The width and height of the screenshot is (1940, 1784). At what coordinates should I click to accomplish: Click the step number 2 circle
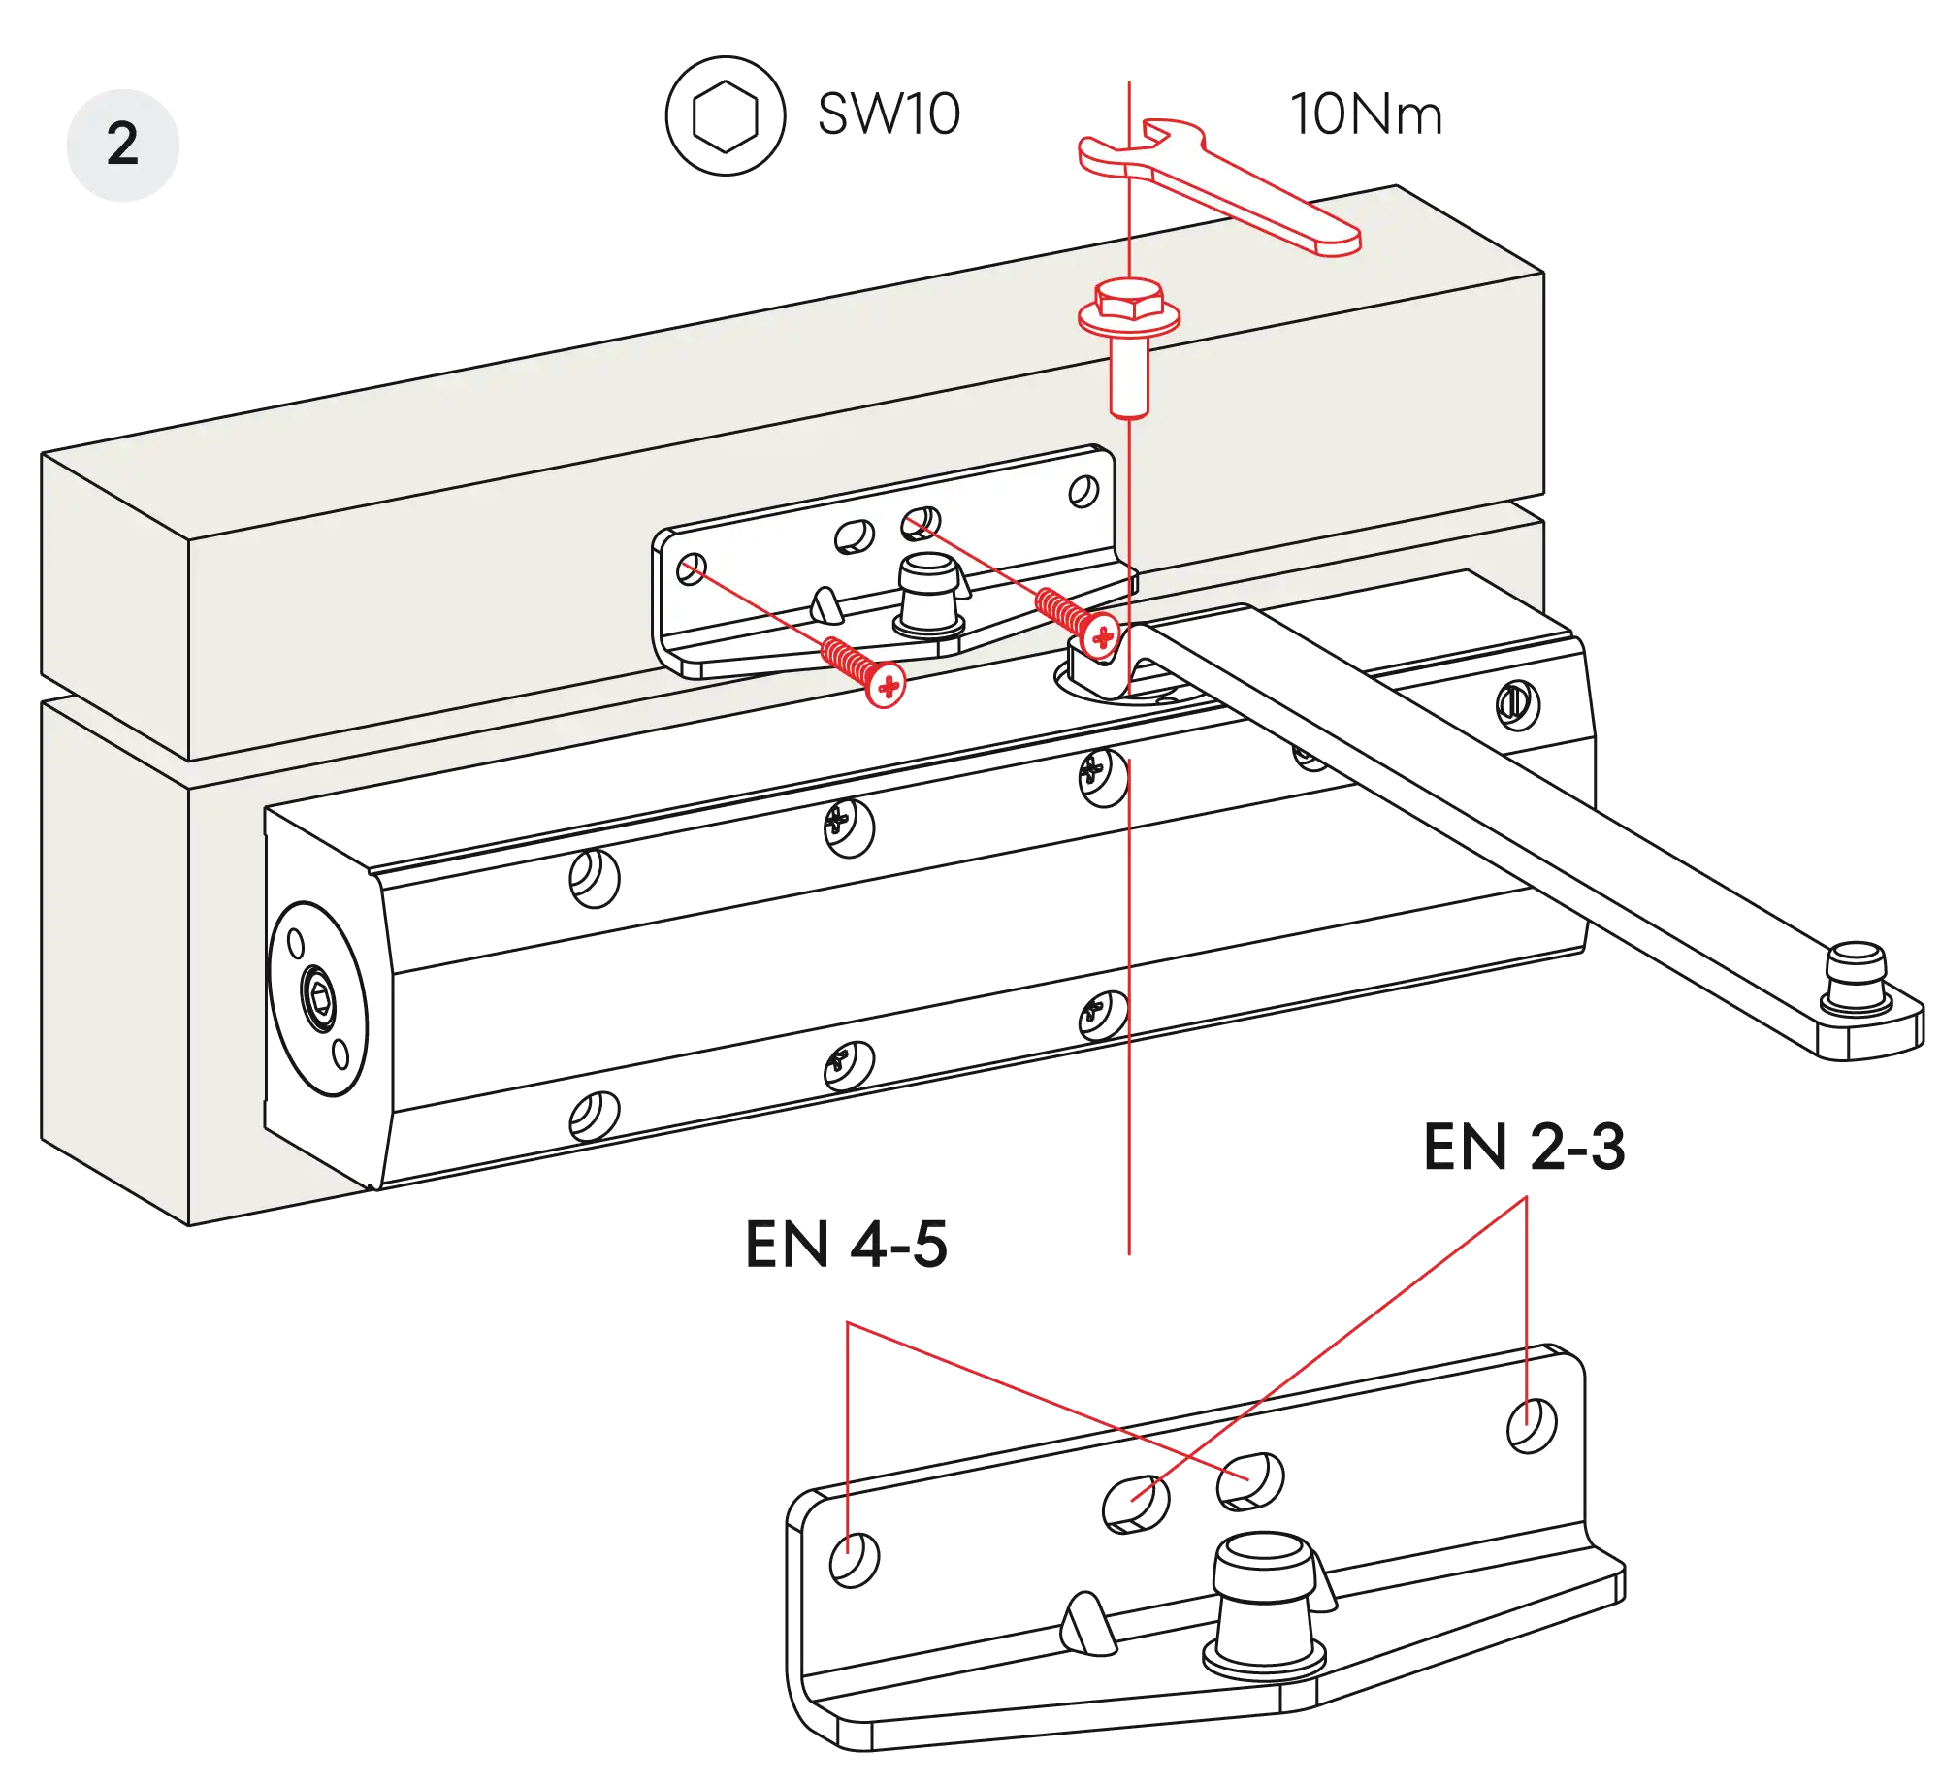[122, 145]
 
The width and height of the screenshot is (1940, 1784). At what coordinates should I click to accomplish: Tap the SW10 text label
[888, 114]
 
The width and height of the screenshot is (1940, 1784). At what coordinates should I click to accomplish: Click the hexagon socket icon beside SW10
[724, 115]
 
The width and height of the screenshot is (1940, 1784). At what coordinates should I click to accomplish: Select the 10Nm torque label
[1364, 115]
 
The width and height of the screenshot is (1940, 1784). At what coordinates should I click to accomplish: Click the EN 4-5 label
[844, 1246]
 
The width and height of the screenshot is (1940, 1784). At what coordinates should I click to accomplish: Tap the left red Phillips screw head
[888, 686]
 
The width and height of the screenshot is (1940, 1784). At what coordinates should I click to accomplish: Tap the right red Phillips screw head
[1102, 636]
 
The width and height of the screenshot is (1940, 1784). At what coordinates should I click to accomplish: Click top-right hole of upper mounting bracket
[1083, 492]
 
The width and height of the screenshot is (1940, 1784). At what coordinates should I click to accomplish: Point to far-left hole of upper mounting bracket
[691, 568]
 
